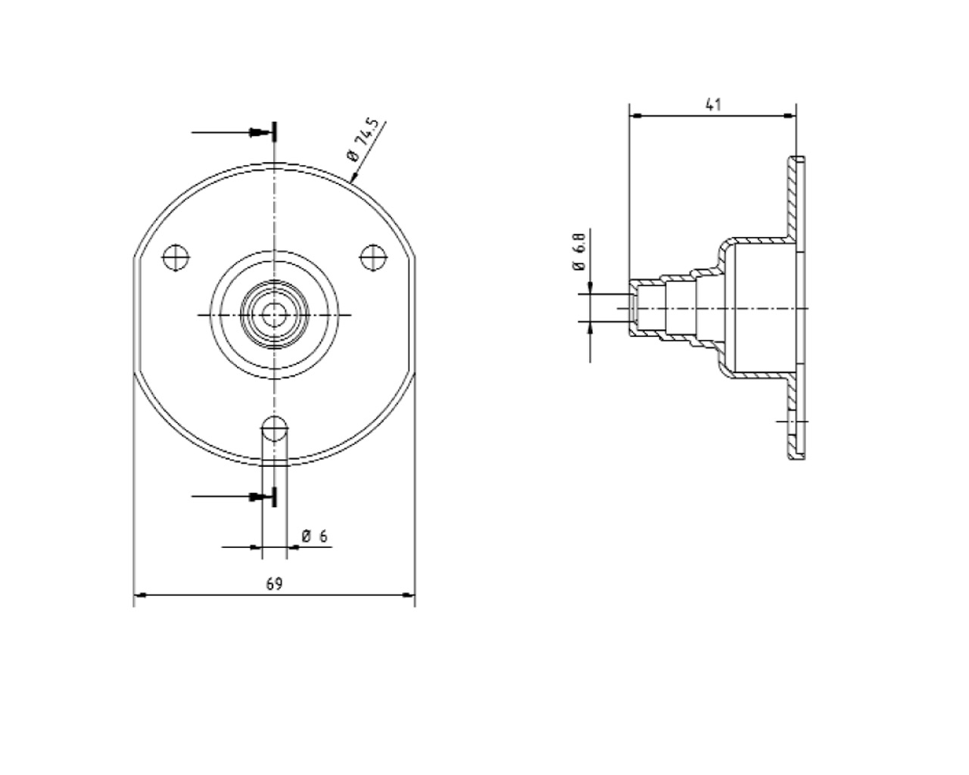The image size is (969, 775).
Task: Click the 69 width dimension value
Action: [x=274, y=584]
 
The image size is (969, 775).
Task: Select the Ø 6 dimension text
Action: [x=314, y=536]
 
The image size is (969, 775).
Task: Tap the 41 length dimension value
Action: [x=713, y=104]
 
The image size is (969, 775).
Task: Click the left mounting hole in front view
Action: [x=175, y=257]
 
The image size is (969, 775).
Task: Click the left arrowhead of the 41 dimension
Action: [x=636, y=116]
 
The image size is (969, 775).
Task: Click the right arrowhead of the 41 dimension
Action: [x=790, y=116]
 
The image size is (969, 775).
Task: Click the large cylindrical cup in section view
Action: [x=757, y=309]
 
